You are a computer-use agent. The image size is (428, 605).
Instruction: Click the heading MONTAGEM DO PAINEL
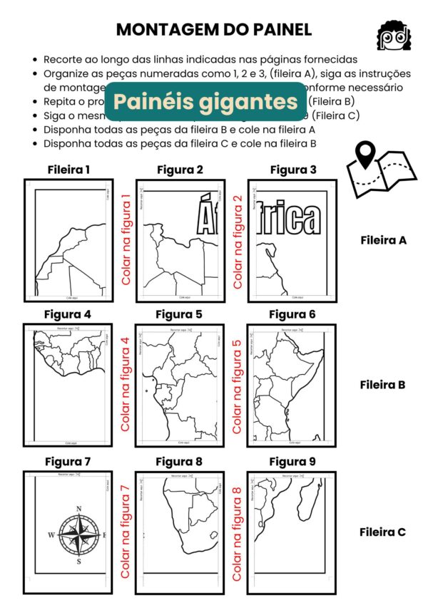pos(213,29)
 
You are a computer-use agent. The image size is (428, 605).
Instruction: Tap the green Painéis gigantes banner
pos(205,101)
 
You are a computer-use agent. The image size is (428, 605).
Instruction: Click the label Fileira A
pos(382,240)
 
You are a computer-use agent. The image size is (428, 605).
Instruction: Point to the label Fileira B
pos(382,385)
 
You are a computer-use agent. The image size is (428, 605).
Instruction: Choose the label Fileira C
pos(382,532)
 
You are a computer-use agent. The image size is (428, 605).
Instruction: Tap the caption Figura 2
pos(180,170)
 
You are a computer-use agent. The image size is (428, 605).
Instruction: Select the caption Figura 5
pos(179,314)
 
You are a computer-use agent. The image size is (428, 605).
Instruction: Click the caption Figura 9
pos(292,462)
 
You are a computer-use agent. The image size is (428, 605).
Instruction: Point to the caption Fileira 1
pos(68,170)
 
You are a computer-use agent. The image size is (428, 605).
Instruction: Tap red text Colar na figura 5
pos(238,386)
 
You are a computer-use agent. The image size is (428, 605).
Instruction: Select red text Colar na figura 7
pos(126,532)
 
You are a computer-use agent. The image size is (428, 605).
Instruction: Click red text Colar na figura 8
pos(238,532)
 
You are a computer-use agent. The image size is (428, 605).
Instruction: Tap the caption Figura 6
pos(292,314)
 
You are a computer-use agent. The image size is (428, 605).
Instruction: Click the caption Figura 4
pos(67,314)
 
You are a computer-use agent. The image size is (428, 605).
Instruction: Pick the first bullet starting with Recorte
pos(200,60)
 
